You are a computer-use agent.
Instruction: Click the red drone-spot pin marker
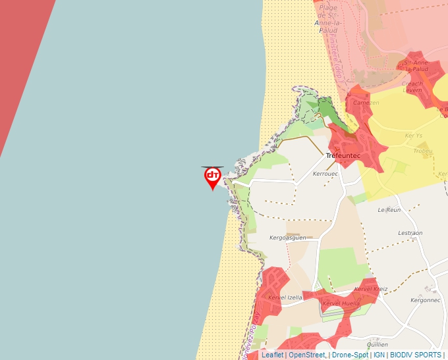pos(212,176)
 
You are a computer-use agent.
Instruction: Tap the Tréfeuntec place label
pos(343,156)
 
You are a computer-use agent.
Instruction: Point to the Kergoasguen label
pos(289,238)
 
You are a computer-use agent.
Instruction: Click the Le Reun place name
pos(389,210)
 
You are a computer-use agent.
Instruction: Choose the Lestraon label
pos(410,233)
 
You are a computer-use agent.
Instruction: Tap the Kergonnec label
pos(425,300)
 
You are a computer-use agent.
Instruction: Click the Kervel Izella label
pos(285,297)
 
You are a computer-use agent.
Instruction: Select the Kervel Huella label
pos(341,303)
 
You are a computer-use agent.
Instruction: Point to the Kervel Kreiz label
pos(371,289)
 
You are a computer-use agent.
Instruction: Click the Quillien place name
pos(378,344)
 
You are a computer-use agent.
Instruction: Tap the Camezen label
pos(366,103)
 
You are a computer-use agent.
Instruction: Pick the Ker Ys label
pos(414,136)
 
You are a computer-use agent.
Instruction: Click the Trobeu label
pos(423,151)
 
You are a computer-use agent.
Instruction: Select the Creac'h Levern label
pos(412,88)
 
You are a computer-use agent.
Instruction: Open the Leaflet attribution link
pos(273,355)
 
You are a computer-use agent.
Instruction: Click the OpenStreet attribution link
pos(306,355)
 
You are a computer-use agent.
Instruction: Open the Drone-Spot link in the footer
pos(350,355)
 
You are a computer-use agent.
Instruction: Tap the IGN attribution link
pos(379,355)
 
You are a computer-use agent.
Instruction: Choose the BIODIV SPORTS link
pos(416,355)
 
